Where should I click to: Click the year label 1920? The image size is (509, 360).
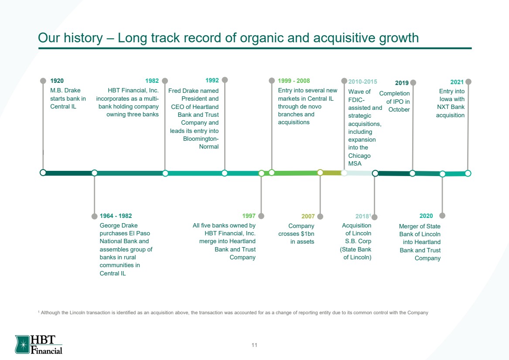point(57,81)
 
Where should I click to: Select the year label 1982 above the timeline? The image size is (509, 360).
point(152,81)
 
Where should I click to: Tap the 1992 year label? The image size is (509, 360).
point(212,81)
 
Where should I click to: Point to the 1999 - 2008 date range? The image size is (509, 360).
point(294,81)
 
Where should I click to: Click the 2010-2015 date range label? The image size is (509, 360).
point(362,82)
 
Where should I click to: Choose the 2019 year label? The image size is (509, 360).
point(402,83)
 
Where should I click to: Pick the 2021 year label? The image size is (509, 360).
point(457,82)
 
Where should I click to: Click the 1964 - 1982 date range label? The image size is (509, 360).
point(116,216)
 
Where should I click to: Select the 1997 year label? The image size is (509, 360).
point(249,216)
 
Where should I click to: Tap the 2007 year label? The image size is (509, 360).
point(308,216)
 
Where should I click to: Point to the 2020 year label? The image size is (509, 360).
point(426,216)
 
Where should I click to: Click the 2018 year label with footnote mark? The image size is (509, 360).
point(363,216)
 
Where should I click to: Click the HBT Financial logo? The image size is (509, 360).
point(39,344)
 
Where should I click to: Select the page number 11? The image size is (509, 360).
point(254,345)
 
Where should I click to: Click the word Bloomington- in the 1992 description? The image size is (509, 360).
point(201,139)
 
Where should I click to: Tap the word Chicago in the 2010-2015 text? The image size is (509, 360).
point(359,156)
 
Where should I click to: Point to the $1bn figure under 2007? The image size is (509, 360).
point(307,234)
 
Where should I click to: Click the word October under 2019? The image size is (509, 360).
point(399,110)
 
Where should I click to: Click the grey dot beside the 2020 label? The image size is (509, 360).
point(442,216)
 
